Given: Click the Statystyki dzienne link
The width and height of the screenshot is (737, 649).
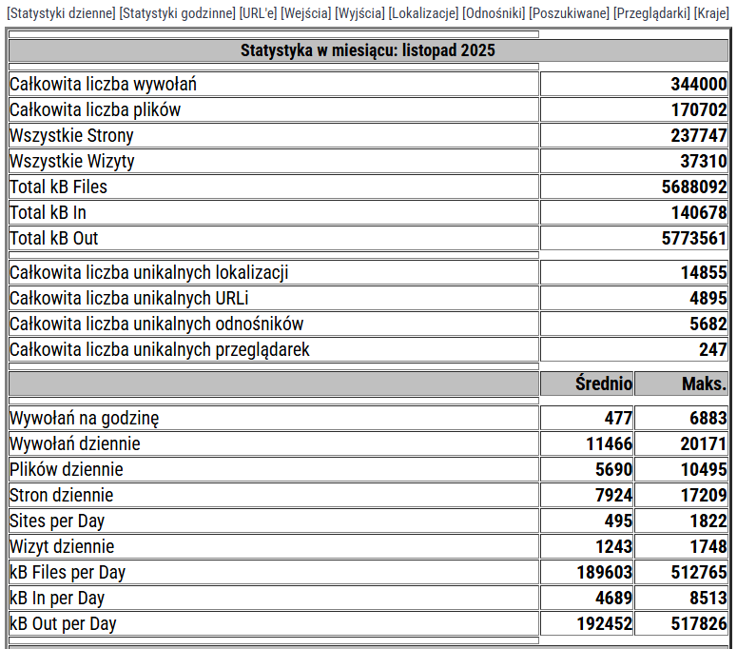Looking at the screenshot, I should (61, 13).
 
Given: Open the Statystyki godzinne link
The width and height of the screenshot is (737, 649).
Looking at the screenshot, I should (178, 13).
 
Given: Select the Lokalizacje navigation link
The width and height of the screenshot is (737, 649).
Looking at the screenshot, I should (423, 13).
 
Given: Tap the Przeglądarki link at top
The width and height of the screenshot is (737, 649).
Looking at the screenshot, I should (651, 13).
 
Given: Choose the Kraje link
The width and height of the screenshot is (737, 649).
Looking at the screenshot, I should (712, 13).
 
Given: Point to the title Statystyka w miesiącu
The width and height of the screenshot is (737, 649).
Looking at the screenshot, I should (368, 50).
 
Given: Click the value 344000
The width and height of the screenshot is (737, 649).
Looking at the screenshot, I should (699, 84).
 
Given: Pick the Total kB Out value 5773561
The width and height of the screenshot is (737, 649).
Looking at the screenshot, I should (694, 238).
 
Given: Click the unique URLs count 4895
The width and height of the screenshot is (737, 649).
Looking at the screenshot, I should (708, 298).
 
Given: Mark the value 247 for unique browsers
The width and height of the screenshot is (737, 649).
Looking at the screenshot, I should (713, 349).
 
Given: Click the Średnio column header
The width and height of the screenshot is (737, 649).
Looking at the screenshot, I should (604, 383).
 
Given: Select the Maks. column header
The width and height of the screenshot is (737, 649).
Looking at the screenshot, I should (704, 383).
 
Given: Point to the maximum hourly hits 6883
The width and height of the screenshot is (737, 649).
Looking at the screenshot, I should (708, 418).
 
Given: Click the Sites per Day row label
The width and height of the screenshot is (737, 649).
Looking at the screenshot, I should (57, 521).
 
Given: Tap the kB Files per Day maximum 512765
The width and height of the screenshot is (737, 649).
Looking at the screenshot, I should (699, 572).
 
